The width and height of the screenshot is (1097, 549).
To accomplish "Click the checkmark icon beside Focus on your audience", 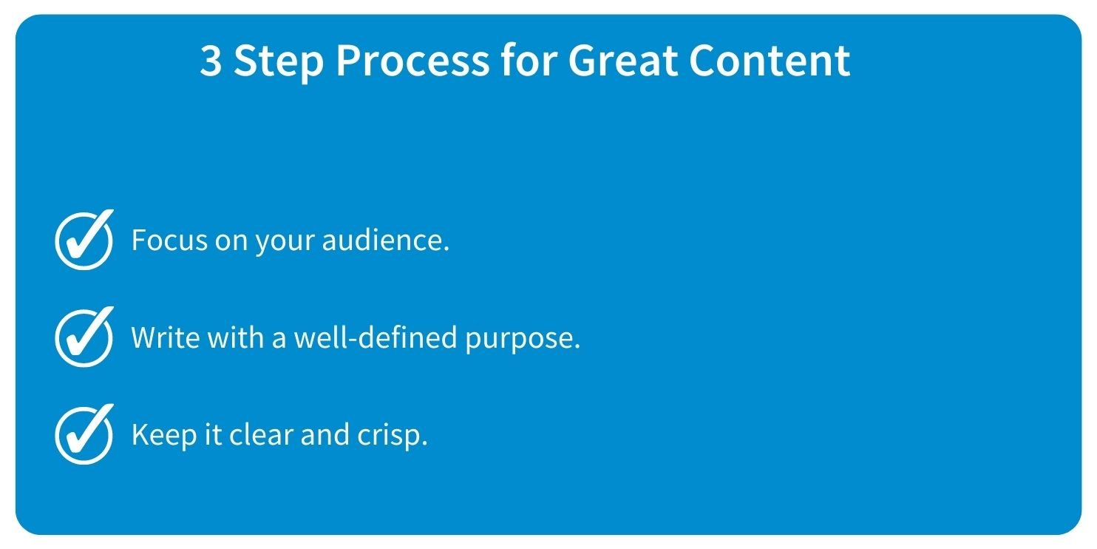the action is coord(84,240).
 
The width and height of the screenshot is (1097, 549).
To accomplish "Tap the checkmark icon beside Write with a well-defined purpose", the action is coord(84,337).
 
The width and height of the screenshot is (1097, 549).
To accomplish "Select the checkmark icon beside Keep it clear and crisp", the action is coord(84,434).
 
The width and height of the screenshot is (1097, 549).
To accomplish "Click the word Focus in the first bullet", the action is coord(169,240).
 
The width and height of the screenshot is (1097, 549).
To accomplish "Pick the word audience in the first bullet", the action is coord(385,240).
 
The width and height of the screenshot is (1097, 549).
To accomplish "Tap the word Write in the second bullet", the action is coord(166,337).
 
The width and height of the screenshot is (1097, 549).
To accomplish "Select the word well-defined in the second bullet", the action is coord(375,337).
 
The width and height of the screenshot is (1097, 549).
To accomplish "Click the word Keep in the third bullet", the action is coord(164,435).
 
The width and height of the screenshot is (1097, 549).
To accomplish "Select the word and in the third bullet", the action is coord(325,434).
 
